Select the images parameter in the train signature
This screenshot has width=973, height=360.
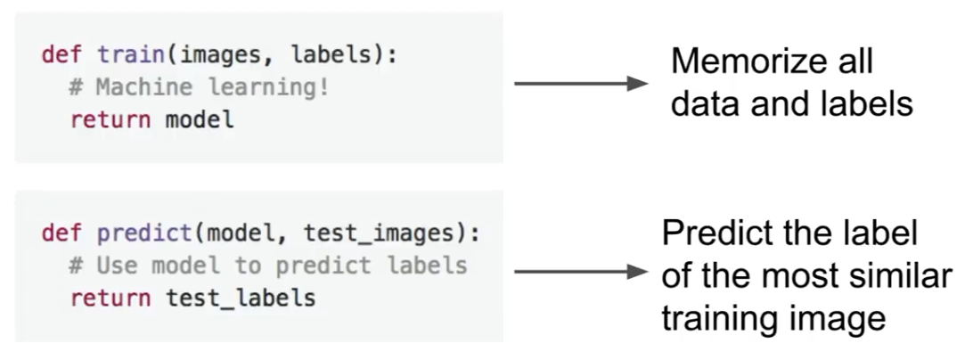point(221,55)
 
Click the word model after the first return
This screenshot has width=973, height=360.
point(200,119)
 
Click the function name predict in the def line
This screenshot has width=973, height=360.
point(147,234)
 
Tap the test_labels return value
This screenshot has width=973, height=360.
point(241,298)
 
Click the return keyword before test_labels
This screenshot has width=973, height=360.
point(113,298)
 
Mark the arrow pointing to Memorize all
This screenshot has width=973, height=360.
point(580,84)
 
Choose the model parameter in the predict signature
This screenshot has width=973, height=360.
point(240,234)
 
